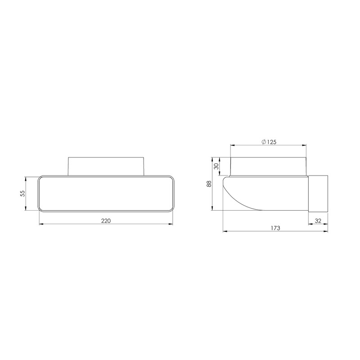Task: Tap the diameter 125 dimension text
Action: coord(269,142)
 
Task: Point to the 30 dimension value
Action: coord(216,166)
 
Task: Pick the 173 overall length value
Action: coord(276,228)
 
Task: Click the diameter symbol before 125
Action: coord(263,142)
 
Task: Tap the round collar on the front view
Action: coord(106,165)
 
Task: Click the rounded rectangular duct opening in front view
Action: coord(106,193)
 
